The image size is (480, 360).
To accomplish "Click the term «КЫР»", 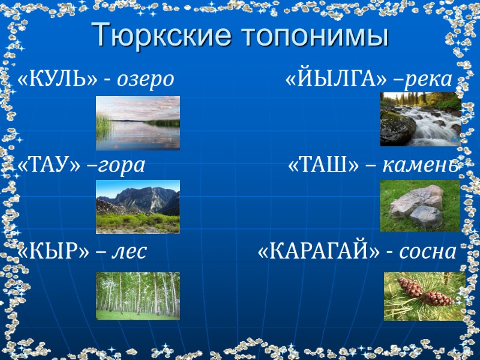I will (x=54, y=251).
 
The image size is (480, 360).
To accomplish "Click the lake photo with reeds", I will (x=138, y=123).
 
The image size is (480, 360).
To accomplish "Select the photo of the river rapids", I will (x=420, y=119).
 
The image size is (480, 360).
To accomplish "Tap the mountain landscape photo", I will (x=138, y=206).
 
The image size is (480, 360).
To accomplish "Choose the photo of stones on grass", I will (x=419, y=206).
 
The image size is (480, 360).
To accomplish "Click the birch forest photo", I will (x=138, y=295).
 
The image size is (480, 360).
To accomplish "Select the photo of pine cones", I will (x=424, y=296).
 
